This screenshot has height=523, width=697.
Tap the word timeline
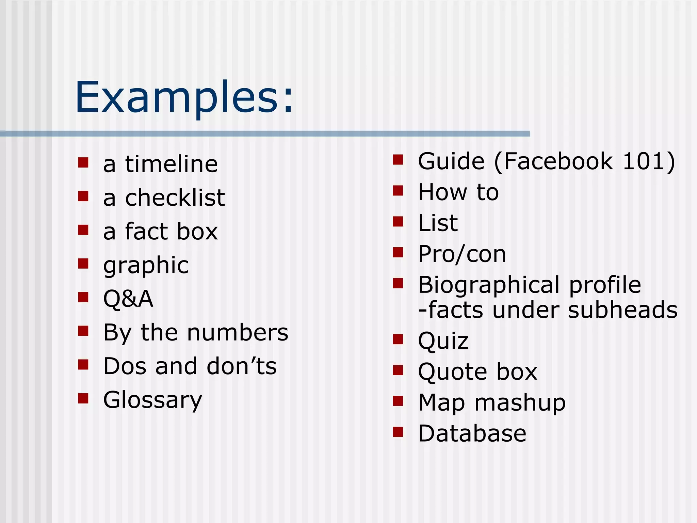[172, 164]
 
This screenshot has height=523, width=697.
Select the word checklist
[175, 198]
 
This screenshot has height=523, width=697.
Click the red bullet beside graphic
[83, 264]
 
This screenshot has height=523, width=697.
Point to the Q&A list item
[128, 299]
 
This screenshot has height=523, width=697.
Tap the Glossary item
[153, 400]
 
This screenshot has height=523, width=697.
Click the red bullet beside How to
[398, 191]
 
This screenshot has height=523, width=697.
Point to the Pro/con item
[462, 254]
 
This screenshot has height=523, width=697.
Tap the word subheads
[622, 310]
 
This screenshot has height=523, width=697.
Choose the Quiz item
[443, 341]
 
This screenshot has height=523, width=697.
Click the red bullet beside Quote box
[398, 370]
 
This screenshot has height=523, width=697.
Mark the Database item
[472, 433]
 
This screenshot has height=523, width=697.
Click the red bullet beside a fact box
[83, 230]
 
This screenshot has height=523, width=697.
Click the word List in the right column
[438, 223]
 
